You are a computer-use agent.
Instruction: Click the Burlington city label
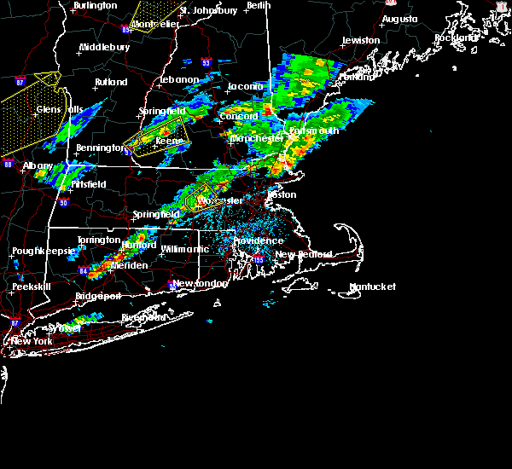95,5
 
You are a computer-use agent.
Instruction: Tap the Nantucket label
372,287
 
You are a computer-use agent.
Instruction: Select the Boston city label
282,194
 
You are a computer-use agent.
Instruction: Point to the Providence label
259,240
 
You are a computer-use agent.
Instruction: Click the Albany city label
38,165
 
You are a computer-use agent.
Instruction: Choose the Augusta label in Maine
399,18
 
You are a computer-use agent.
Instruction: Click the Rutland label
111,82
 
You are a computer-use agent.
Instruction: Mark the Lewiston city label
360,40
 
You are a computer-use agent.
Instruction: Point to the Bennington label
100,148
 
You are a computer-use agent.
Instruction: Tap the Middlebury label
104,47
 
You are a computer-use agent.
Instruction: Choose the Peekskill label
33,287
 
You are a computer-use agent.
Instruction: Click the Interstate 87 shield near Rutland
20,81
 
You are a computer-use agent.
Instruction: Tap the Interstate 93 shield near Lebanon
205,61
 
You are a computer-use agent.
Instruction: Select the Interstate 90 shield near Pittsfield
63,202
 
